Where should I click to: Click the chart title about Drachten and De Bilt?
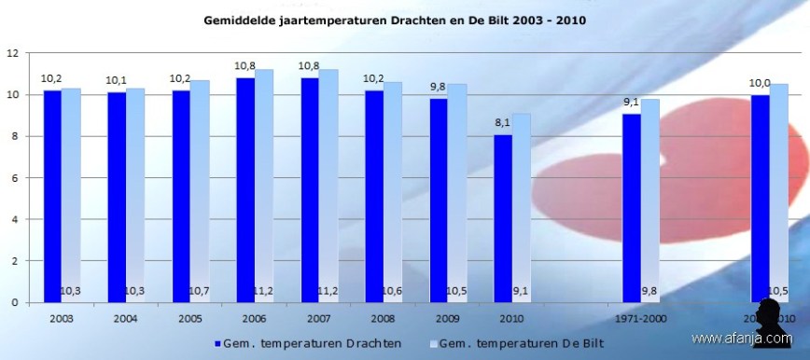coord(406,19)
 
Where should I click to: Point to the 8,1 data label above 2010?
coord(502,123)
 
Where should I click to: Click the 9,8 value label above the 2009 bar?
coord(438,88)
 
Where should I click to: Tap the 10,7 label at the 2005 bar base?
coord(200,292)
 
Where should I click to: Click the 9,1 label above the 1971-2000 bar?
coord(631,103)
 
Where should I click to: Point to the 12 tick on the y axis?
coord(13,53)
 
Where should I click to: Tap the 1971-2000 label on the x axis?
coord(641,317)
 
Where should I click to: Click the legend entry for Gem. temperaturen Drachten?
coord(308,343)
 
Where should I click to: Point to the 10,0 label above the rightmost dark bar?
coord(760,84)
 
